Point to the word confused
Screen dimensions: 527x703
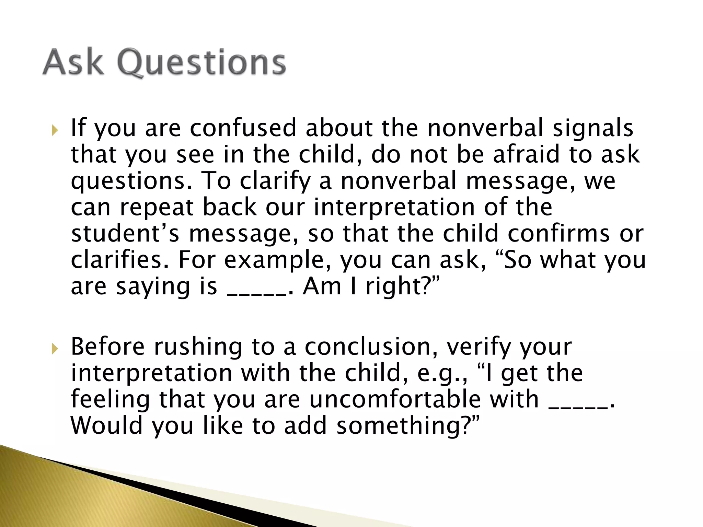point(243,128)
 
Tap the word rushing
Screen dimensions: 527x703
point(198,347)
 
